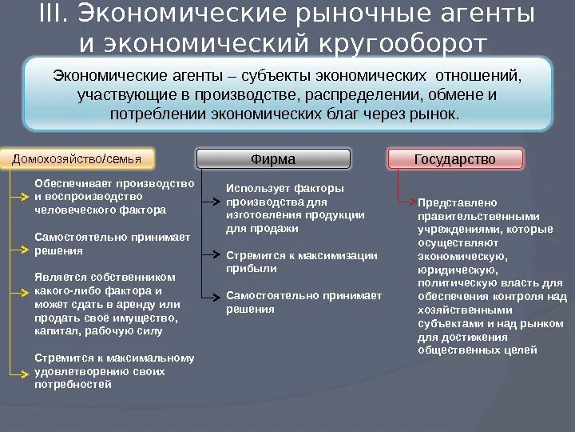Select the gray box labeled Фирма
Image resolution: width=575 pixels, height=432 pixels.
pyautogui.click(x=273, y=159)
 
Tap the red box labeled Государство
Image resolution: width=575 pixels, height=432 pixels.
pyautogui.click(x=454, y=159)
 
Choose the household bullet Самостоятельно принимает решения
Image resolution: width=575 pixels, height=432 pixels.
pyautogui.click(x=112, y=243)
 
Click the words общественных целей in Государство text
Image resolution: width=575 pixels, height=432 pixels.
pyautogui.click(x=477, y=350)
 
